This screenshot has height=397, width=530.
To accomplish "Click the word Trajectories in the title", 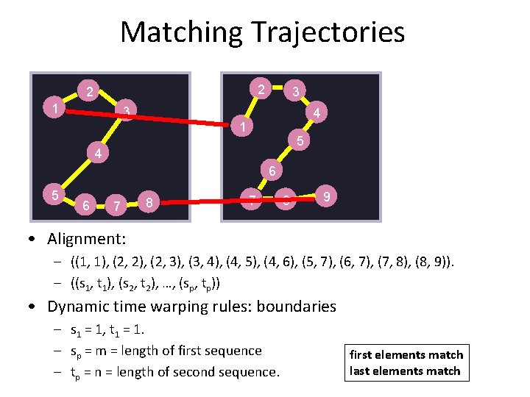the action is tap(328, 32).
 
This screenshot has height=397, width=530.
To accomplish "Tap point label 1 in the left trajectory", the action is tap(56, 109).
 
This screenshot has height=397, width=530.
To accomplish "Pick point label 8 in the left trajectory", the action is tap(149, 201).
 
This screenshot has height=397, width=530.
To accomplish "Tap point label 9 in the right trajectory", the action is tap(326, 196).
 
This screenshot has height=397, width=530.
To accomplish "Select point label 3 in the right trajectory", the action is tap(295, 92).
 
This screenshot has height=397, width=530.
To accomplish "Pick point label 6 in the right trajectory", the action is tap(272, 171).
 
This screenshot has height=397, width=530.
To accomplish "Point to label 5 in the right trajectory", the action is tap(300, 140).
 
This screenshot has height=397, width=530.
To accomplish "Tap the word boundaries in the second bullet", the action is tap(293, 306).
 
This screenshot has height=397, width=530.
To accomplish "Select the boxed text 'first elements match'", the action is tap(406, 354).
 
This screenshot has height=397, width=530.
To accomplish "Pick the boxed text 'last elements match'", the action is tap(406, 371).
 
